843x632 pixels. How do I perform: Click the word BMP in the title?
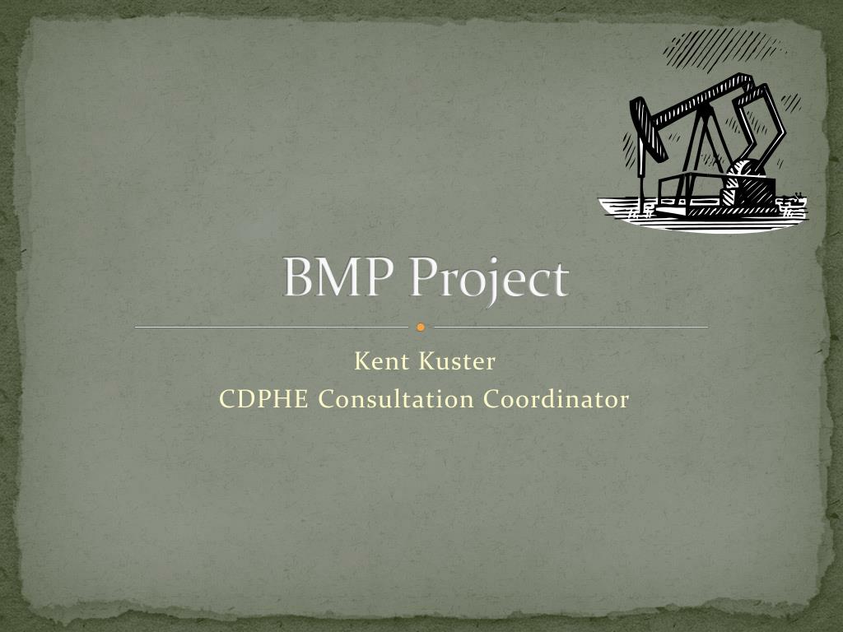338,278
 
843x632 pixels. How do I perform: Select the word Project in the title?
488,280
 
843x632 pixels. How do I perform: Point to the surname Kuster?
457,361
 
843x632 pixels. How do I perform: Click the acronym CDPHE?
264,400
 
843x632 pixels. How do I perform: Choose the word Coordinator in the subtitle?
556,400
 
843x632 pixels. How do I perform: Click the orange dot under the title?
421,327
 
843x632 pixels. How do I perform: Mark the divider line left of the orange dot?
272,327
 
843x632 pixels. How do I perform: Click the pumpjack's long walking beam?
700,99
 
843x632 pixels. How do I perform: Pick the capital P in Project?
422,278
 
